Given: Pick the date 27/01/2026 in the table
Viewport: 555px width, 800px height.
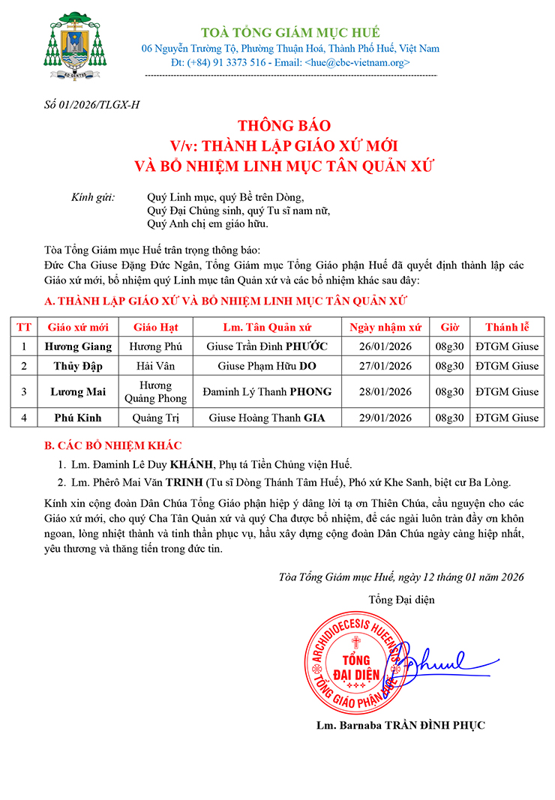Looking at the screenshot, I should tap(385, 366).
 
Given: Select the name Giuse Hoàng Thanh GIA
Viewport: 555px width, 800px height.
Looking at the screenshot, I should tap(267, 418).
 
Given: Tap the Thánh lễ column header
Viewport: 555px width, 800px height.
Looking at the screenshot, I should tap(507, 327).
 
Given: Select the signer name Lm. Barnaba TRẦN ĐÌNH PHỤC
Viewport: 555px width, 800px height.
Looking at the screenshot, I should tap(400, 725).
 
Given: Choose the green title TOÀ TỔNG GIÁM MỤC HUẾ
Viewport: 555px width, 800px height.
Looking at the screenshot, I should tap(290, 32).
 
